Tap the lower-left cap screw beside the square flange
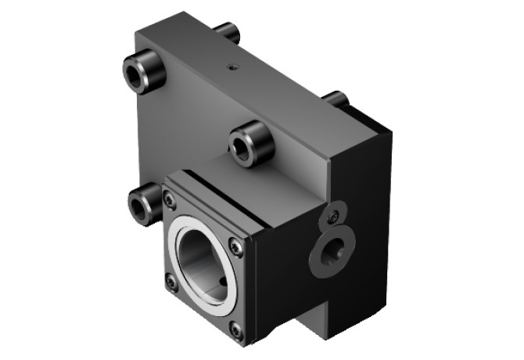(142, 205)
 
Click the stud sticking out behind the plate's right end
(336, 99)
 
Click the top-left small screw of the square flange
(170, 201)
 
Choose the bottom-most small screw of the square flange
(235, 332)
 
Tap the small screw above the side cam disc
(333, 215)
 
